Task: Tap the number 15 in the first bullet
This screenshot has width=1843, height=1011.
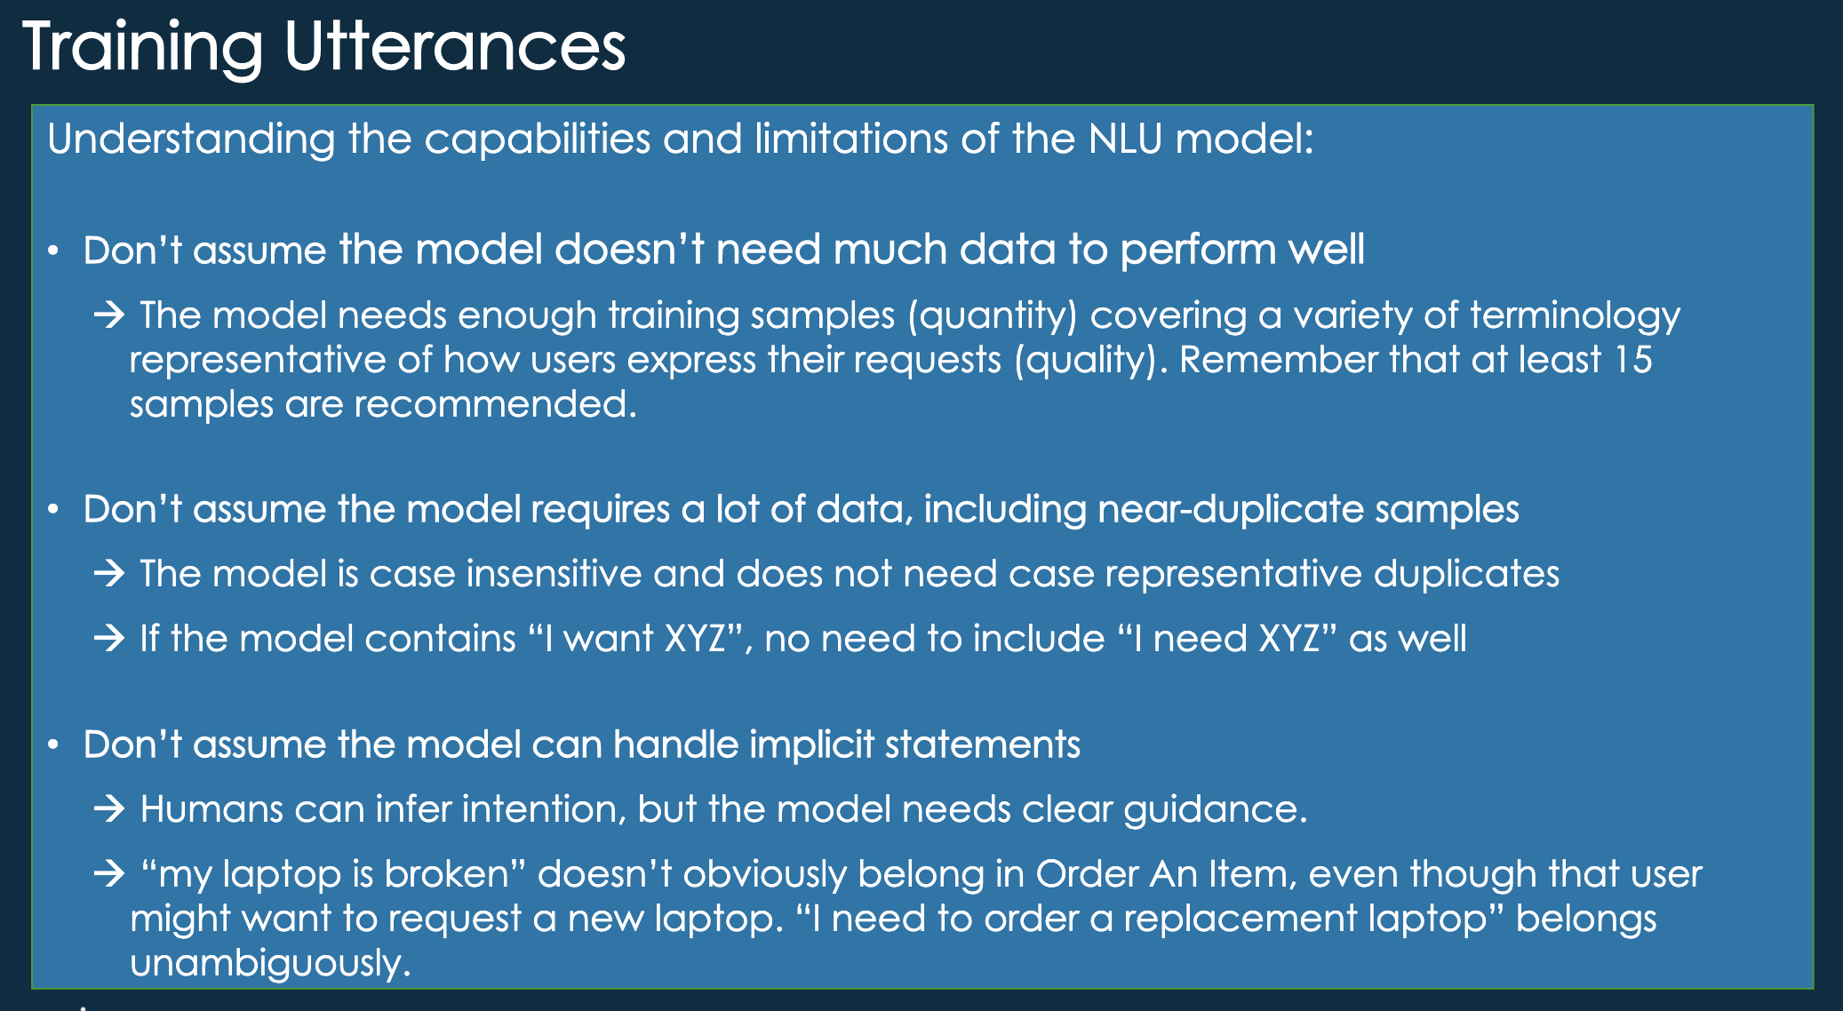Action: pyautogui.click(x=1632, y=360)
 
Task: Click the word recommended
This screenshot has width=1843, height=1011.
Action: pyautogui.click(x=495, y=404)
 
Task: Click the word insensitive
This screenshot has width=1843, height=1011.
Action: pyautogui.click(x=554, y=574)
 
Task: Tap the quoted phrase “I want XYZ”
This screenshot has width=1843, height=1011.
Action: pyautogui.click(x=634, y=639)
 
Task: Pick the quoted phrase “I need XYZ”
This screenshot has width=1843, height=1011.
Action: pyautogui.click(x=1226, y=639)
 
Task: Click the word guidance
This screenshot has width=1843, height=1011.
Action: pyautogui.click(x=1215, y=809)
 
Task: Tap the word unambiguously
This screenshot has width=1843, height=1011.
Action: pyautogui.click(x=270, y=963)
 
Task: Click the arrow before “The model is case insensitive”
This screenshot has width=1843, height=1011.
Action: pyautogui.click(x=109, y=574)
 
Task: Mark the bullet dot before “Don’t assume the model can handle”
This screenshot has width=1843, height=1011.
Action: pyautogui.click(x=54, y=744)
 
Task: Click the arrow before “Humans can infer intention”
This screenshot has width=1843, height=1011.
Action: pyautogui.click(x=109, y=809)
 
